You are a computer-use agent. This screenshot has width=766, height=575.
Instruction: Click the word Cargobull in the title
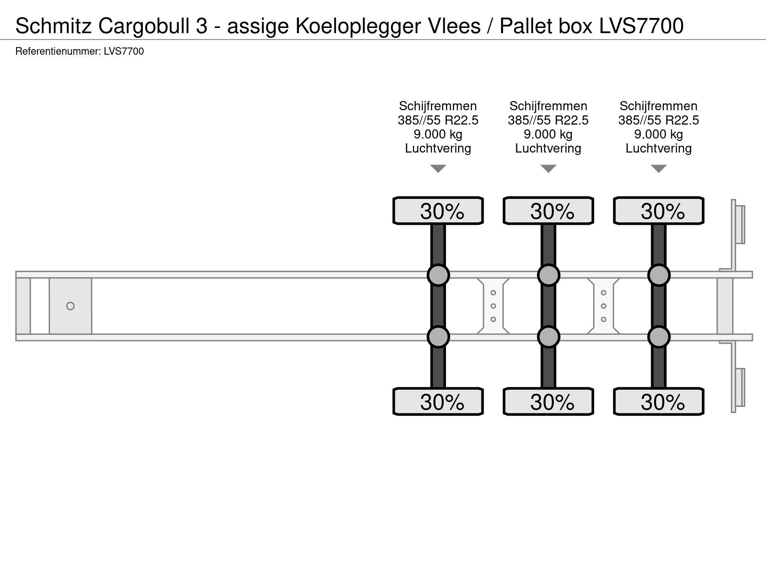pos(153,26)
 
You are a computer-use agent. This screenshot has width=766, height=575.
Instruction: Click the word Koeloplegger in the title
pos(358,26)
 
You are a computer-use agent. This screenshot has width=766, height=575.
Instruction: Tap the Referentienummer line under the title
pos(79,52)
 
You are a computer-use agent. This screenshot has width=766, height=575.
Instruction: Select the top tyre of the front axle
pos(438,211)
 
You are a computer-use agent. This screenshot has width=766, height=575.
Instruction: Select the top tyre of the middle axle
pos(548,211)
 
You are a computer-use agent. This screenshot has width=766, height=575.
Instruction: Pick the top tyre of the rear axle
pos(658,211)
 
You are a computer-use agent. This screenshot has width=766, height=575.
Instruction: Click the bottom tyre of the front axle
pos(438,402)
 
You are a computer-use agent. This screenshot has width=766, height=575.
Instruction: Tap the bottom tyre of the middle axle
pos(548,402)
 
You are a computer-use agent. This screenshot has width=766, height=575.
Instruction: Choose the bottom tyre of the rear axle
pos(658,402)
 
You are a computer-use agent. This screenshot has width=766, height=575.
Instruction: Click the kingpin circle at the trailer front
pos(70,306)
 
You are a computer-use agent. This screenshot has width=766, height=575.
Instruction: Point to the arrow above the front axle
pos(438,169)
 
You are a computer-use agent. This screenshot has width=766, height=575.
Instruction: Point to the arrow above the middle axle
pos(548,169)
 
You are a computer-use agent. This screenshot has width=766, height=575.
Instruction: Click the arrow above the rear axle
pos(658,169)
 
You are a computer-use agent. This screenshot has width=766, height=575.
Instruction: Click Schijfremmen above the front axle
pos(438,106)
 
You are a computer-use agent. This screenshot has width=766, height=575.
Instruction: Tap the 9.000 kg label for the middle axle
pos(548,134)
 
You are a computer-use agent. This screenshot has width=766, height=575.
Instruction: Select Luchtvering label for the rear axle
pos(658,149)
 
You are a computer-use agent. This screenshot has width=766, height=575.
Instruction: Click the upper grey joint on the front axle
pos(438,275)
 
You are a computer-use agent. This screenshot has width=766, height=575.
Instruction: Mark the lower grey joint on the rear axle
pos(658,337)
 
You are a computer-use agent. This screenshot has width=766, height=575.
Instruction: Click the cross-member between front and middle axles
pos(493,306)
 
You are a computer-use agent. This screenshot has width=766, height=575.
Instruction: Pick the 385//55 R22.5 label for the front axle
pos(438,120)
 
